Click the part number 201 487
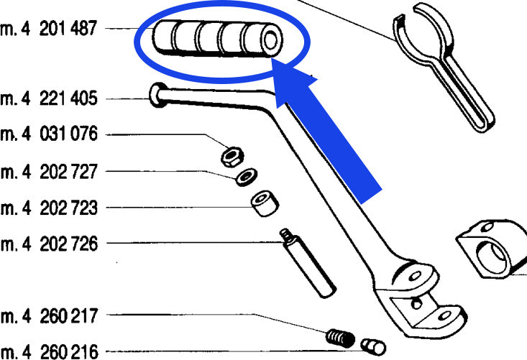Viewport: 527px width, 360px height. click(x=68, y=29)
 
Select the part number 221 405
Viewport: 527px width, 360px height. click(x=68, y=98)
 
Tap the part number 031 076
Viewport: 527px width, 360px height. click(x=68, y=134)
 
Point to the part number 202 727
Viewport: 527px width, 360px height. click(x=68, y=172)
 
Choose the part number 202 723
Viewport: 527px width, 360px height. click(x=68, y=208)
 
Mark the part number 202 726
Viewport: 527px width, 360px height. click(x=68, y=244)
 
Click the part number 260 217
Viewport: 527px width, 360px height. click(x=69, y=316)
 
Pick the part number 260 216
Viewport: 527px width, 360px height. click(x=69, y=351)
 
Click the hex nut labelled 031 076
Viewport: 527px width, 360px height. click(x=232, y=157)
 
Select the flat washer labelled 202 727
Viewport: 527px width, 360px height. click(x=247, y=177)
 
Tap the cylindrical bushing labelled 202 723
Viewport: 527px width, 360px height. click(x=265, y=203)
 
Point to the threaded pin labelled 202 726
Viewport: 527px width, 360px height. click(x=308, y=263)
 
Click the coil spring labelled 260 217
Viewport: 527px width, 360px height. click(x=340, y=338)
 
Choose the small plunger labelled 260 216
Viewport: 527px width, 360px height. click(x=373, y=347)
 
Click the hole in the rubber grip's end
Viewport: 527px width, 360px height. click(x=270, y=40)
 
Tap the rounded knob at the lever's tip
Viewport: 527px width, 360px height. click(x=158, y=95)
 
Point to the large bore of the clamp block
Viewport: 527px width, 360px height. click(x=491, y=257)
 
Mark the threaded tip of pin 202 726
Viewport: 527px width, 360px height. click(x=286, y=234)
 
